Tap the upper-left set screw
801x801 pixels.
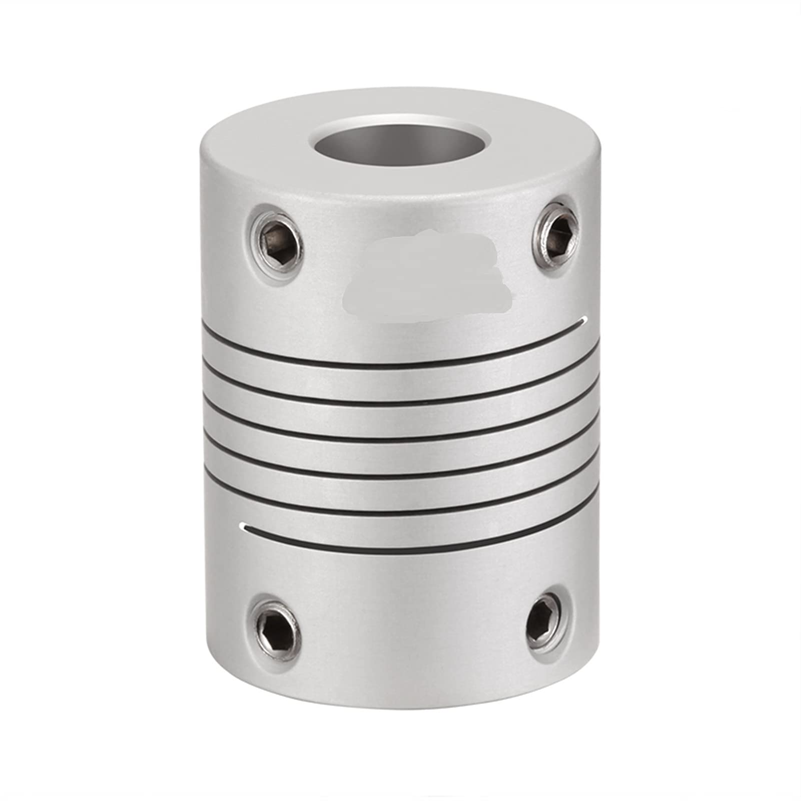click(276, 243)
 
